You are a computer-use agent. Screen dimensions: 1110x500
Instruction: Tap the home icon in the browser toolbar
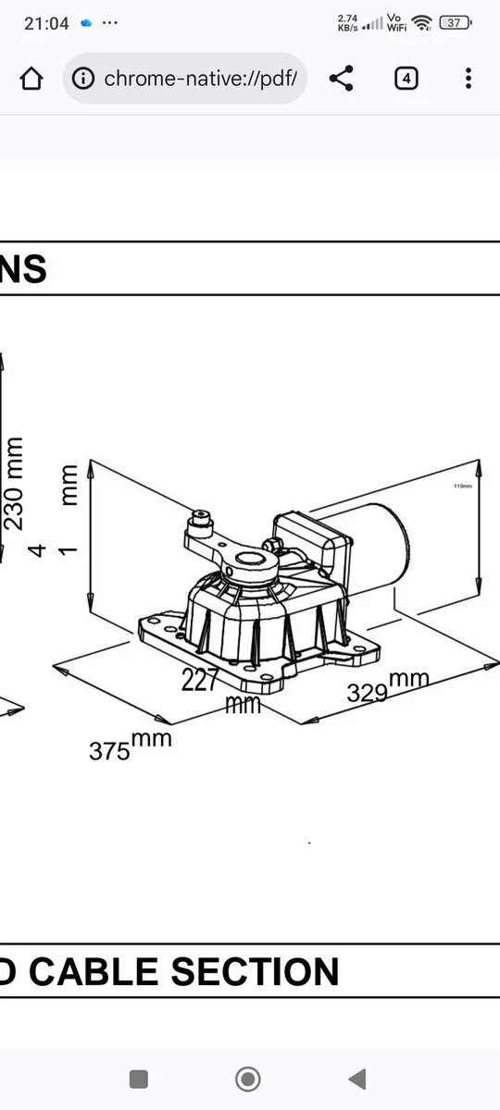click(x=31, y=79)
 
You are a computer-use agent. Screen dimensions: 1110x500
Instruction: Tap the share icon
click(x=342, y=79)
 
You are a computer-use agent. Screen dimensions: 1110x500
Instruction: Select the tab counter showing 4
click(x=406, y=79)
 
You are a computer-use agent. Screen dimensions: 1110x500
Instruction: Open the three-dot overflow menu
click(x=469, y=79)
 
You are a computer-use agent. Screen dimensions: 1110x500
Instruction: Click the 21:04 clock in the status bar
click(x=46, y=23)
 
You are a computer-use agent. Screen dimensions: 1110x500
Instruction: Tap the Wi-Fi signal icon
click(x=422, y=22)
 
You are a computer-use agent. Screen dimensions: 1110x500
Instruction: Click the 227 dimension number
click(x=200, y=680)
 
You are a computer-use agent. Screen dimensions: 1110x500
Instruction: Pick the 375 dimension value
click(x=109, y=750)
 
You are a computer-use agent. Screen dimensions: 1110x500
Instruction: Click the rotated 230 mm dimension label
click(x=15, y=482)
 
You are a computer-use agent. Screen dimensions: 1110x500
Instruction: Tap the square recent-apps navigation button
click(x=139, y=1079)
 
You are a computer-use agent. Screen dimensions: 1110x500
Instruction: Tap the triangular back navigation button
click(x=356, y=1079)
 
